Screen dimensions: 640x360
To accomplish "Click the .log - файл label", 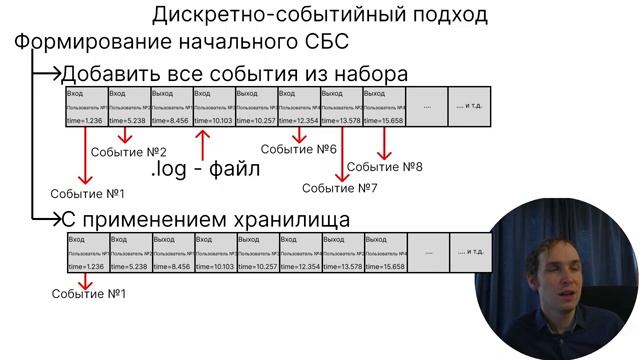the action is [205, 168].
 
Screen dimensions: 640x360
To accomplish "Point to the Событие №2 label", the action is [128, 151].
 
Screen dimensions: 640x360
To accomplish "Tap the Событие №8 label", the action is [385, 167].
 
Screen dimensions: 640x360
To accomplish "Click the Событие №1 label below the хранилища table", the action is [88, 294].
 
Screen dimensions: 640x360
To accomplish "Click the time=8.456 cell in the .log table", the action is [172, 120].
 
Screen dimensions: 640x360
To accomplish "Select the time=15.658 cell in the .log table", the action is [385, 120].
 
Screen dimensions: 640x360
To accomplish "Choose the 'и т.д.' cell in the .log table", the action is [470, 105].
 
